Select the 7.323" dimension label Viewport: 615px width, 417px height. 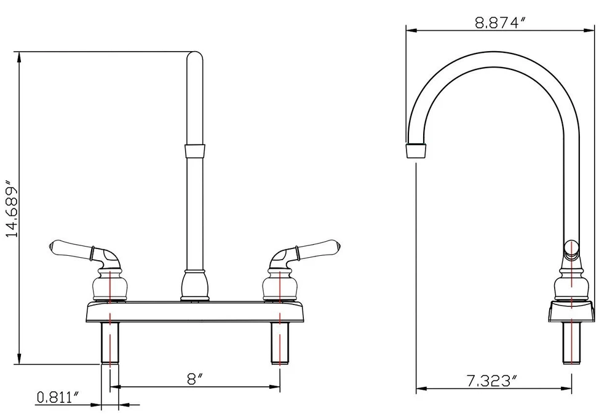click(491, 381)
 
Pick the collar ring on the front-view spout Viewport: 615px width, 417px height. click(195, 151)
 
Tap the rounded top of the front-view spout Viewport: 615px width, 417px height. click(195, 57)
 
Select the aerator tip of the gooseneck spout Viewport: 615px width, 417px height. click(416, 150)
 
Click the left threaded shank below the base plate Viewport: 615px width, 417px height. click(110, 343)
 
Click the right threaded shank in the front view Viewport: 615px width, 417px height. click(280, 343)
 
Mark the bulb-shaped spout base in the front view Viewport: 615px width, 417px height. click(194, 285)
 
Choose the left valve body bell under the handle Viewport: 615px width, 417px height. click(110, 285)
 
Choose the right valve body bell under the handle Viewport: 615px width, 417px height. click(279, 285)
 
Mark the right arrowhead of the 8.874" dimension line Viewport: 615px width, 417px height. click(589, 30)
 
